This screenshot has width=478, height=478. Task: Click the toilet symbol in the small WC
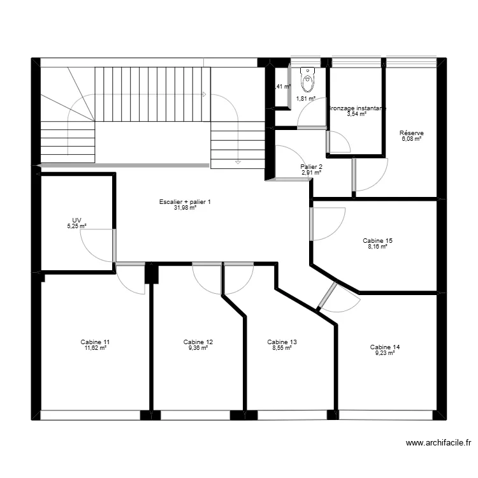(x=308, y=81)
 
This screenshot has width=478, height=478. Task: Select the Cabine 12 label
(x=198, y=342)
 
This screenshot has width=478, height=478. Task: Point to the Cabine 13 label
(x=282, y=342)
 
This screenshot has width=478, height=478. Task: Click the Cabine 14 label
(x=385, y=347)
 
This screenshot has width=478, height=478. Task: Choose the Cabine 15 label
(x=377, y=240)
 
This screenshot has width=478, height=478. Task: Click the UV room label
(x=76, y=220)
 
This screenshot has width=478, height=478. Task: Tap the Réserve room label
(x=412, y=133)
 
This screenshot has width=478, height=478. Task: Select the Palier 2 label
(x=311, y=167)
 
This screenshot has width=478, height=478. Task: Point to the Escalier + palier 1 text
(x=185, y=202)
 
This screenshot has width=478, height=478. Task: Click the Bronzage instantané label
(x=356, y=108)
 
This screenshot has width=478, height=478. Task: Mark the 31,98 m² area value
(x=185, y=208)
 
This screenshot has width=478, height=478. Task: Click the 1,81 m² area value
(x=306, y=99)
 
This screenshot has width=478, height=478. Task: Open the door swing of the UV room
(x=99, y=245)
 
